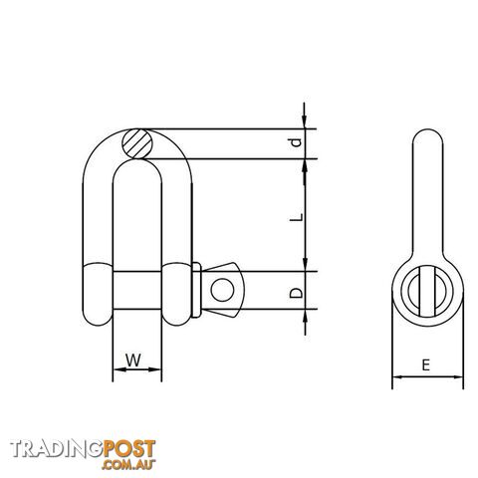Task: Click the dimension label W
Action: tap(133, 360)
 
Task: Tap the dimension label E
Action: tap(426, 365)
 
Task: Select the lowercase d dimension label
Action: tap(296, 142)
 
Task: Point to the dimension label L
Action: tap(297, 217)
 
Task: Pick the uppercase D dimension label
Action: tap(296, 293)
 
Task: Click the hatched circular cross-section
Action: tap(137, 143)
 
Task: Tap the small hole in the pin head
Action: tap(222, 290)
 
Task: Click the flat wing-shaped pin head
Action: tap(223, 290)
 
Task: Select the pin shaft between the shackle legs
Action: tap(137, 290)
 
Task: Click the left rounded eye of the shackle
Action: tap(98, 294)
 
